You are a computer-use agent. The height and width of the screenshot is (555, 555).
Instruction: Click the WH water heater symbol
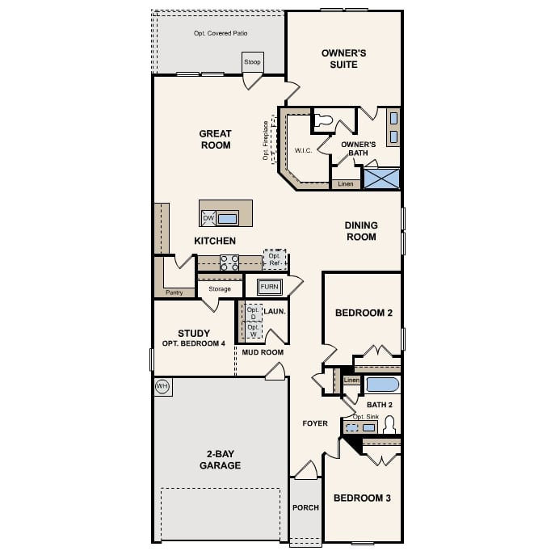tap(162, 386)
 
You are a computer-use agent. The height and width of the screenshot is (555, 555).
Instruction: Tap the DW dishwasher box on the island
tap(208, 218)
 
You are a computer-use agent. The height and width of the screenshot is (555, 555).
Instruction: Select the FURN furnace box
tap(270, 287)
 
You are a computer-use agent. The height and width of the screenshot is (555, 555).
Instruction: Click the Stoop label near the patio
tap(253, 61)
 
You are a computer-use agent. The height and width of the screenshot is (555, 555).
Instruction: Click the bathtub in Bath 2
tap(381, 384)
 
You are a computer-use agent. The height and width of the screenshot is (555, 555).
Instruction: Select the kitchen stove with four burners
tap(229, 263)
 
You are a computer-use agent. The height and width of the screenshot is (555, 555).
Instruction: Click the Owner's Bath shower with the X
tap(381, 178)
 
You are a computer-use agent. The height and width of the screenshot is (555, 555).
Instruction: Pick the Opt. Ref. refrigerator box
tap(275, 260)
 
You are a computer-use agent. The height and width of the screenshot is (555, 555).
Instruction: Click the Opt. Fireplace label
tap(266, 141)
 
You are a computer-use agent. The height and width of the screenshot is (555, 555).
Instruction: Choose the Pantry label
tap(174, 292)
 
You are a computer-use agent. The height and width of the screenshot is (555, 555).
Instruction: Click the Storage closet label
tap(220, 288)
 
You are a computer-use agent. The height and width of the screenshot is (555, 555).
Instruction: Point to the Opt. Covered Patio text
tap(221, 33)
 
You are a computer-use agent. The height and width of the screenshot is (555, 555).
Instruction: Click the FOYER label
tap(315, 423)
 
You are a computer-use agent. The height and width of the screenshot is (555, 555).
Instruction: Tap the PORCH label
tap(305, 507)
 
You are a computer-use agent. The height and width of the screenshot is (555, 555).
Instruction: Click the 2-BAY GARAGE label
tap(220, 460)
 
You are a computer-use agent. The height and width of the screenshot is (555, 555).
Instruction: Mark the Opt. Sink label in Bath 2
tap(366, 417)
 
